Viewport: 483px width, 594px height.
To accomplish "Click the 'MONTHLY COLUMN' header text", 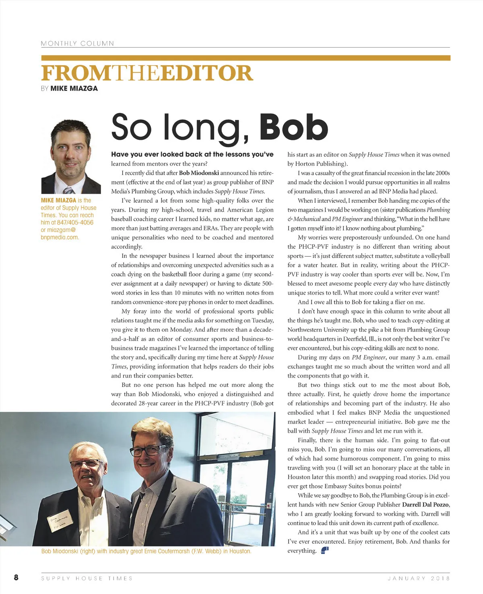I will [x=77, y=44].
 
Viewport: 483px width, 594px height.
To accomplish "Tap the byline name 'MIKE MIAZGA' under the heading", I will [x=74, y=88].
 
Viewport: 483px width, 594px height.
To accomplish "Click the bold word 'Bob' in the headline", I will [x=293, y=127].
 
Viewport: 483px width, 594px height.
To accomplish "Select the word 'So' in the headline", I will [x=131, y=127].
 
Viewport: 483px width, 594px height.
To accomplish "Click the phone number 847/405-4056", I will [x=75, y=222].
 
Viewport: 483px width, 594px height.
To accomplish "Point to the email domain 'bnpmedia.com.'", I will [x=60, y=237].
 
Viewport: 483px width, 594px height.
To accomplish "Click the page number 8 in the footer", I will [x=16, y=577].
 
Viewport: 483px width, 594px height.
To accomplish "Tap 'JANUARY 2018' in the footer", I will [x=419, y=578].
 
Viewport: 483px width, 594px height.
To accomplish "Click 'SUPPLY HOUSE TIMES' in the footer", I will [x=87, y=578].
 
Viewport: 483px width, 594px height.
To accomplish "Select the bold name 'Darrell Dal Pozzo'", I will [x=425, y=505].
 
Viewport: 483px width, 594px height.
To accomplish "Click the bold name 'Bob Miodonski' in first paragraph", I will [x=199, y=173].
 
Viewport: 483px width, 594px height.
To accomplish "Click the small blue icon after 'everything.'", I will [x=325, y=550].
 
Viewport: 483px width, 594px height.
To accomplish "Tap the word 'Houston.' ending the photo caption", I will [x=240, y=551].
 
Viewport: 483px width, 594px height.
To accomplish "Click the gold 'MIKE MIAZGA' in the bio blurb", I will [x=58, y=200].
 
